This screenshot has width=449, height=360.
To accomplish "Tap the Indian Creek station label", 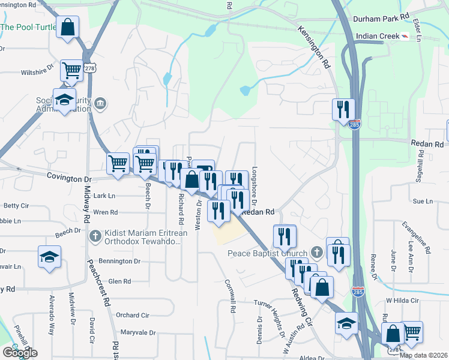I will (x=378, y=36).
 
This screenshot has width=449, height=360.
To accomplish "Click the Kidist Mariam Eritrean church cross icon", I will (x=95, y=236).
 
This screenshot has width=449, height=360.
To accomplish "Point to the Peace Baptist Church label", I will (x=267, y=253).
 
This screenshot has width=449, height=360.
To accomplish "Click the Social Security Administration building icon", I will (x=100, y=105).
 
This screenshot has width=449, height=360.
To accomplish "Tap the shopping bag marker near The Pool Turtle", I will (x=68, y=27).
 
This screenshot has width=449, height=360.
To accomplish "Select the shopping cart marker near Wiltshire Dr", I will (x=72, y=70).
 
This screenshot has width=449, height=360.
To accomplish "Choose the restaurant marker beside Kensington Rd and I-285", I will (x=343, y=109).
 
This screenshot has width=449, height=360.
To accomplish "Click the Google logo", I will (x=20, y=353).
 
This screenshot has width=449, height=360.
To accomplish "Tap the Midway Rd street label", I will (x=86, y=204).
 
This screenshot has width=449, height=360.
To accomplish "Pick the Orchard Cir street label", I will (x=132, y=315).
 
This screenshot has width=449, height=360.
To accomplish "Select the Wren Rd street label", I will (x=106, y=212).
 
